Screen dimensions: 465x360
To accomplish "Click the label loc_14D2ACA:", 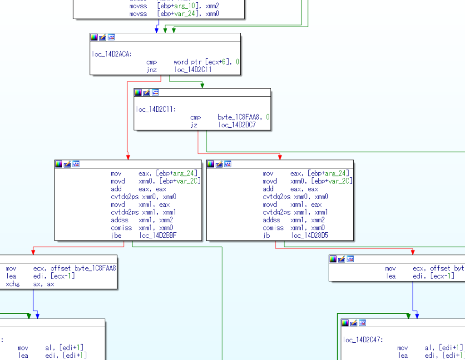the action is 112,54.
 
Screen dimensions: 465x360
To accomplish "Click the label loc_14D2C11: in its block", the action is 156,109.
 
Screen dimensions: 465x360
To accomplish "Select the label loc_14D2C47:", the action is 363,340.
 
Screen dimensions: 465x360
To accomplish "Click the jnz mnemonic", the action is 152,70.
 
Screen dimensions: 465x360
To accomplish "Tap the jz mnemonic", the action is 194,125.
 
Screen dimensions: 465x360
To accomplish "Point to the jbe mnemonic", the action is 116,235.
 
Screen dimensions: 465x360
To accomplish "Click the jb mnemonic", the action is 266,235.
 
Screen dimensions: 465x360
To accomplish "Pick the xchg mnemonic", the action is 13,284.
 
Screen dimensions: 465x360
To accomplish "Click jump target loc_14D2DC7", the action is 237,125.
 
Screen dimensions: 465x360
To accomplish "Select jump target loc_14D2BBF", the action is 158,235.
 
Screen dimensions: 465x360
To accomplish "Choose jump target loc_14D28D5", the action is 310,235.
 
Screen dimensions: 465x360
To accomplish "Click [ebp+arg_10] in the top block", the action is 179,6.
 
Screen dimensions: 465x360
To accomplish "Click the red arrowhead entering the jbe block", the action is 128,157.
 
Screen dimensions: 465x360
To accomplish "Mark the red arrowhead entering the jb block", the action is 280,157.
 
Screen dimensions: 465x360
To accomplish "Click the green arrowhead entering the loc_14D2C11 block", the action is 202,85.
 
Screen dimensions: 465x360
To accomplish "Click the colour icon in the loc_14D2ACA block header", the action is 94,37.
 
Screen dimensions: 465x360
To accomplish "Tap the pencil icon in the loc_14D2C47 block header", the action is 353,323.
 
